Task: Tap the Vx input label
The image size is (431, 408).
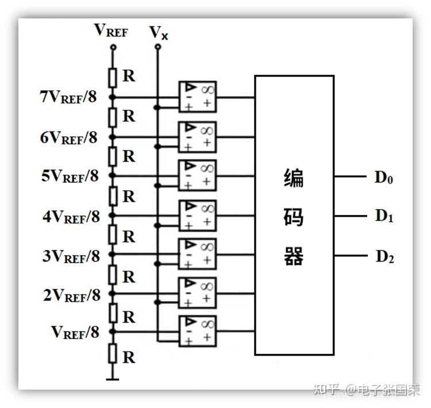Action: [159, 32]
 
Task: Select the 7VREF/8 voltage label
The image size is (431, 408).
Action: [68, 97]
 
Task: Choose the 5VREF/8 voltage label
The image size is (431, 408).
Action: [70, 176]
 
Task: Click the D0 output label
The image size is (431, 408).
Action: [384, 177]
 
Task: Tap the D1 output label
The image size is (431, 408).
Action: [384, 216]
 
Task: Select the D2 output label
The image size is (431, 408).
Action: [384, 256]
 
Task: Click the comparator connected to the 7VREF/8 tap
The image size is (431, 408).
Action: [197, 96]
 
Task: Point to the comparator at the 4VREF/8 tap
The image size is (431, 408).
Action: [197, 214]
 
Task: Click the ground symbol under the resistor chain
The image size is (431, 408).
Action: [113, 378]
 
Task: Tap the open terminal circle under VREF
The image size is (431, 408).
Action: [113, 48]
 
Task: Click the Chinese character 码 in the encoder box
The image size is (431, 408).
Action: [294, 217]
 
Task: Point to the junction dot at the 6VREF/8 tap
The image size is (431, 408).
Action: [113, 137]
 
